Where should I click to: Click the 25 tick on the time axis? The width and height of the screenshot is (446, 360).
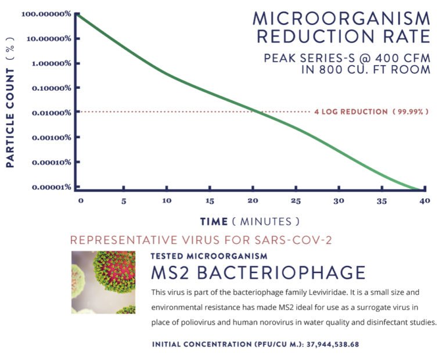point(296,201)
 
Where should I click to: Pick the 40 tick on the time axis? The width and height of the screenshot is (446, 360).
point(425,201)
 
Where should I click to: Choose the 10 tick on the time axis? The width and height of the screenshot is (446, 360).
point(167,201)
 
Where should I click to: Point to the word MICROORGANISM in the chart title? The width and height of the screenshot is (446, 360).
point(342,18)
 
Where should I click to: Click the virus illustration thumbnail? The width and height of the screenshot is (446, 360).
point(103,282)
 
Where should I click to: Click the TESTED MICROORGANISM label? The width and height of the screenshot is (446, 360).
point(208,255)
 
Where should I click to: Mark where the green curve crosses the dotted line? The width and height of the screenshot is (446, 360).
point(254,111)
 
